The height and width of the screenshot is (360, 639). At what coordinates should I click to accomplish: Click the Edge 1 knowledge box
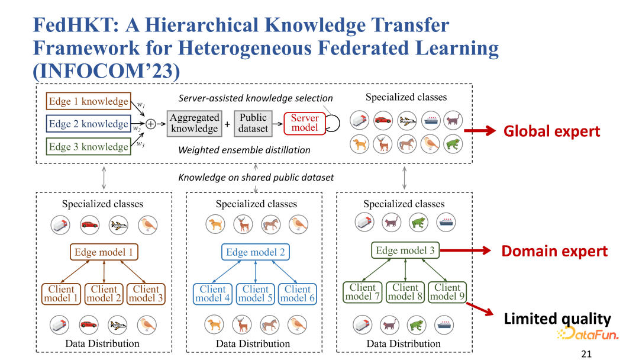pyautogui.click(x=88, y=101)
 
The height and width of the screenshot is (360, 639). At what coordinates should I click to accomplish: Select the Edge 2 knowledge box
pyautogui.click(x=88, y=124)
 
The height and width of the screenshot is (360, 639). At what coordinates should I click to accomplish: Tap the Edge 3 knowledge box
pyautogui.click(x=88, y=147)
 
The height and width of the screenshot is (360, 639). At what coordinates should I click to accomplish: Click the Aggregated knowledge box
pyautogui.click(x=194, y=124)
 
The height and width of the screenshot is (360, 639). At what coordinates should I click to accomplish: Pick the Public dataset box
pyautogui.click(x=253, y=124)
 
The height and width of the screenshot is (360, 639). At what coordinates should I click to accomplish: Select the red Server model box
pyautogui.click(x=305, y=124)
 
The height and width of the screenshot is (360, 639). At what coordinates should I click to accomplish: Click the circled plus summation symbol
pyautogui.click(x=151, y=124)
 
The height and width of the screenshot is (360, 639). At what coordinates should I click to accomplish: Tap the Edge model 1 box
pyautogui.click(x=104, y=252)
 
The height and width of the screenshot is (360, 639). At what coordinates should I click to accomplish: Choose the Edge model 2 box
pyautogui.click(x=256, y=252)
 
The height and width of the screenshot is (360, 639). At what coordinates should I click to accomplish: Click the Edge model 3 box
pyautogui.click(x=405, y=250)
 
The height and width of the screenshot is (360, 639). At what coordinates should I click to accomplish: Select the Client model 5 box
pyautogui.click(x=256, y=294)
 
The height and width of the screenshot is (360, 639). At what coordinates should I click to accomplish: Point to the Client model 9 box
pyautogui.click(x=447, y=292)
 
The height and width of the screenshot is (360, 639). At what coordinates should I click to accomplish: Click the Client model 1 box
pyautogui.click(x=62, y=294)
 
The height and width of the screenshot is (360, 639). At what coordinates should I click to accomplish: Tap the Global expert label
pyautogui.click(x=551, y=131)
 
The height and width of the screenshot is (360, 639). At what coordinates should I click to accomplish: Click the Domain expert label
pyautogui.click(x=554, y=251)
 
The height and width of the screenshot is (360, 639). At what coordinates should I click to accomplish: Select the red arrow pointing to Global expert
pyautogui.click(x=479, y=131)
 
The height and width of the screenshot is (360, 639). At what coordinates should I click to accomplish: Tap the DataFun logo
pyautogui.click(x=587, y=335)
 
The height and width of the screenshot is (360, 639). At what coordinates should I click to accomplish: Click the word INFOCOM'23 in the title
pyautogui.click(x=106, y=71)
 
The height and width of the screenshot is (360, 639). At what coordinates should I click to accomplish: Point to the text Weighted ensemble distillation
pyautogui.click(x=244, y=150)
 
